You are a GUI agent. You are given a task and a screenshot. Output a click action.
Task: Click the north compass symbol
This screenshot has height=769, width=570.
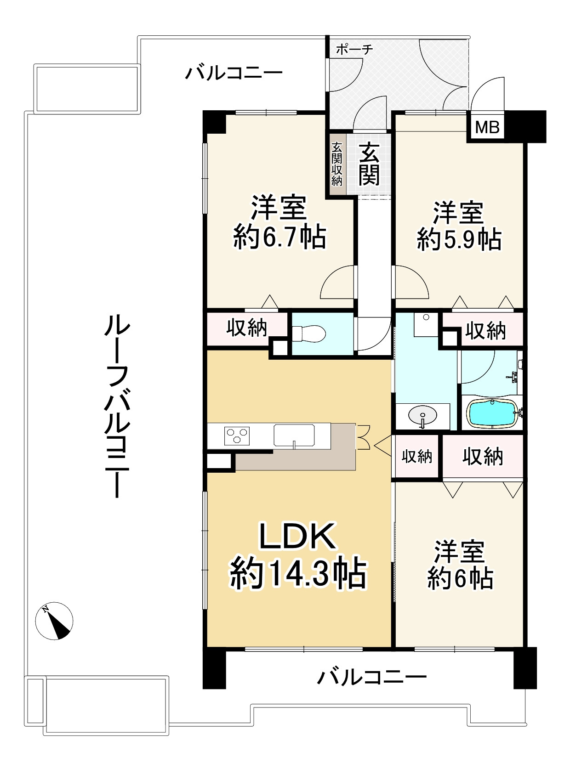pos(54,621)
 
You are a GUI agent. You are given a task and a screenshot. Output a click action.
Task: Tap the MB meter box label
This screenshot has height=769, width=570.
pos(487,127)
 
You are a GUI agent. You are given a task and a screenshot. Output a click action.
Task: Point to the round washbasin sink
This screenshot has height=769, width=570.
pos(422,416)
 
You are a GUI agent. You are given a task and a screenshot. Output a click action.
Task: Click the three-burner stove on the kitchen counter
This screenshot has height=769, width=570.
pos(237,435)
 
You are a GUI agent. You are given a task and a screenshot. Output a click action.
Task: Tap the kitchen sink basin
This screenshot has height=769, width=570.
pos(294,435)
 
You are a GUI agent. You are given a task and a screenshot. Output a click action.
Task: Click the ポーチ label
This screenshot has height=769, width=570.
pos(354,49)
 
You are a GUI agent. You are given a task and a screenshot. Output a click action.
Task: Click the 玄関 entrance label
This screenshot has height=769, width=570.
pos(369,163)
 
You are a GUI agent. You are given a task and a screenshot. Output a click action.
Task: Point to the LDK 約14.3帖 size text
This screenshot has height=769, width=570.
pos(298,574)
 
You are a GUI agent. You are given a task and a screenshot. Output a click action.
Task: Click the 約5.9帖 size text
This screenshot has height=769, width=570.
pos(459,239)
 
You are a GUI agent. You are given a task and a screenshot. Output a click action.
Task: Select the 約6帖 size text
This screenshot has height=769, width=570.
pos(460,578)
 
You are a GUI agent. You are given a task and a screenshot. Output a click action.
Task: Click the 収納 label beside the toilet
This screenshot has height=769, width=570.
pos(247,328)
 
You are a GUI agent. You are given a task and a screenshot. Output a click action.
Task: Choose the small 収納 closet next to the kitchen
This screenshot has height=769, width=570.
pos(417,457)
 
